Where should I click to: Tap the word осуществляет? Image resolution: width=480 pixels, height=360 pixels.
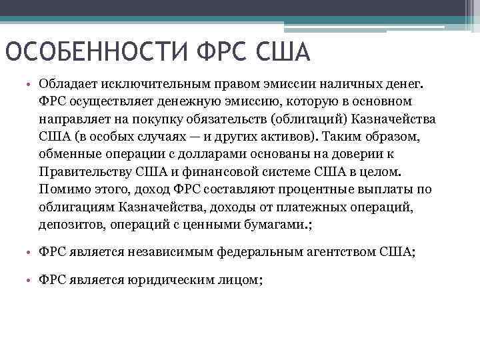point(105,102)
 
